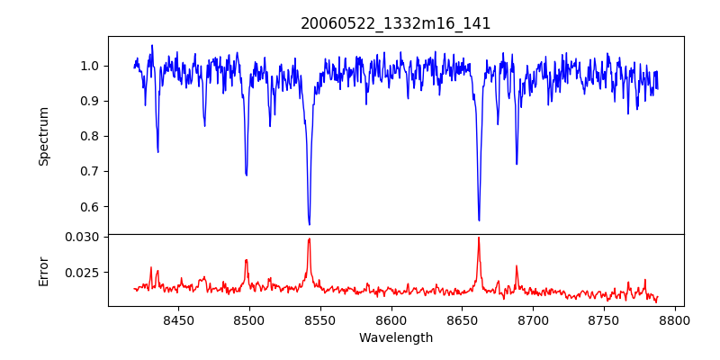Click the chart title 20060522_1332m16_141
[x=396, y=23]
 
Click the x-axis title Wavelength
[x=396, y=338]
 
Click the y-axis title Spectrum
[x=43, y=136]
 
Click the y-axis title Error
[x=43, y=270]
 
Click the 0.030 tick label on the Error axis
[x=85, y=237]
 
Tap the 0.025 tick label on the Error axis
[x=85, y=272]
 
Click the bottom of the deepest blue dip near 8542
[x=309, y=224]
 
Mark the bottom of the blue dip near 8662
[x=479, y=220]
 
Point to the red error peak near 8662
[x=479, y=238]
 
